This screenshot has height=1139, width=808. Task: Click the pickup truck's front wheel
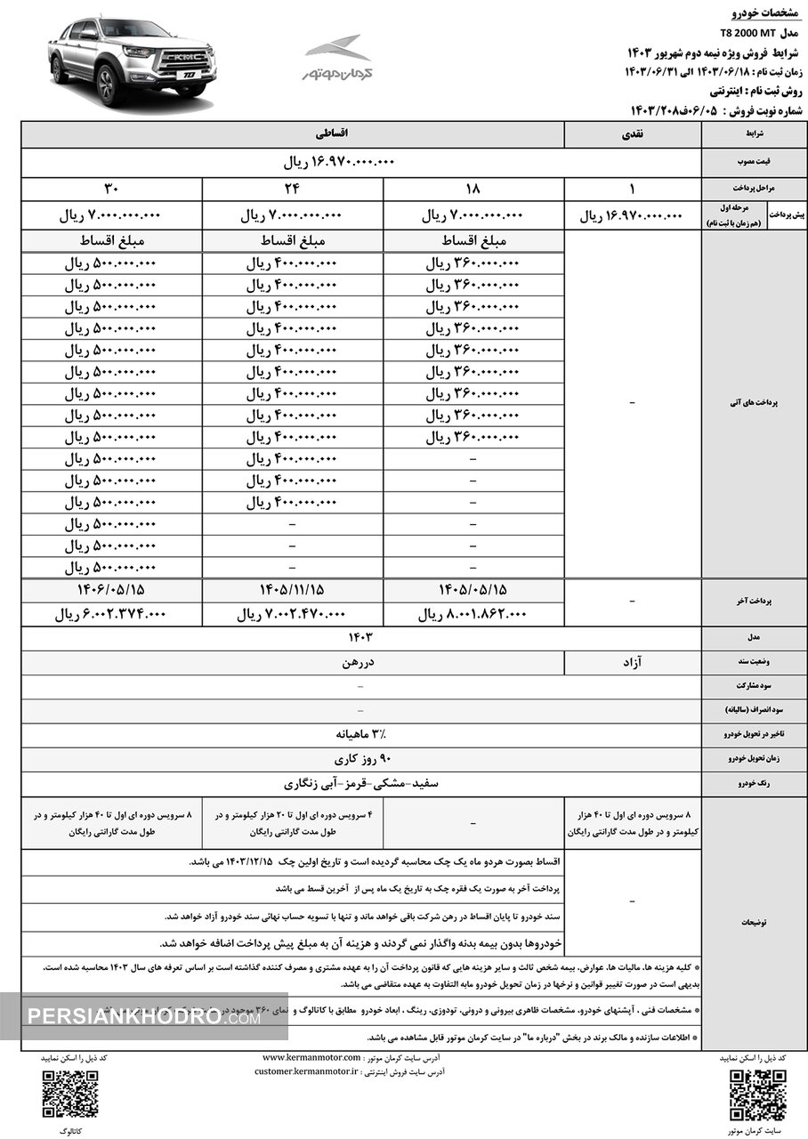click(107, 85)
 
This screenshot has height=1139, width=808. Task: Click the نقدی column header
click(633, 134)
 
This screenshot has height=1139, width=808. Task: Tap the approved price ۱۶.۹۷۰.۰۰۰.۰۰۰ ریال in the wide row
click(338, 164)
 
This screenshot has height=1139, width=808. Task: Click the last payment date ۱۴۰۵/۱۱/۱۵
click(293, 590)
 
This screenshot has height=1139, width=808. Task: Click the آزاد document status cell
click(633, 662)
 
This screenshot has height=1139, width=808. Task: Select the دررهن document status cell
click(360, 662)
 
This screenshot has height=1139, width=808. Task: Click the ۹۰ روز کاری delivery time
click(360, 759)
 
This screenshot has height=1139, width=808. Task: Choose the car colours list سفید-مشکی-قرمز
click(360, 784)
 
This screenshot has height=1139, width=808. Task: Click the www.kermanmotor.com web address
click(311, 1056)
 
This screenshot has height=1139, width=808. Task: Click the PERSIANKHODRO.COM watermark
click(142, 1016)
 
